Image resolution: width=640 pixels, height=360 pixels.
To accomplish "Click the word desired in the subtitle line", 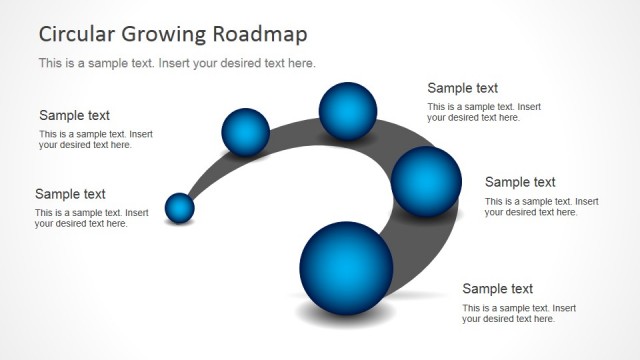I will pos(253,63).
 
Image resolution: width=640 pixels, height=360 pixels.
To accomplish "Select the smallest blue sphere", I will pos(179,208).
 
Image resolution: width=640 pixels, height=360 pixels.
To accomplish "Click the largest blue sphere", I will pos(346,268).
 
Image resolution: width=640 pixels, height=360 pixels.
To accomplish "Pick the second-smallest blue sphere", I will pos(245,132).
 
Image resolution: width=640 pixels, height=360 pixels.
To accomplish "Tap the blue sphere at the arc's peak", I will pos(347,109).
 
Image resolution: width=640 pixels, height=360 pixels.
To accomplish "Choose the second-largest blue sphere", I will pos(426,181).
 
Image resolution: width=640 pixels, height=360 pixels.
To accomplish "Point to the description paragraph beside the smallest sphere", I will pos(91,218).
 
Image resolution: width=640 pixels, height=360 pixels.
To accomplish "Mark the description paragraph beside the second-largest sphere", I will pos(541,206).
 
